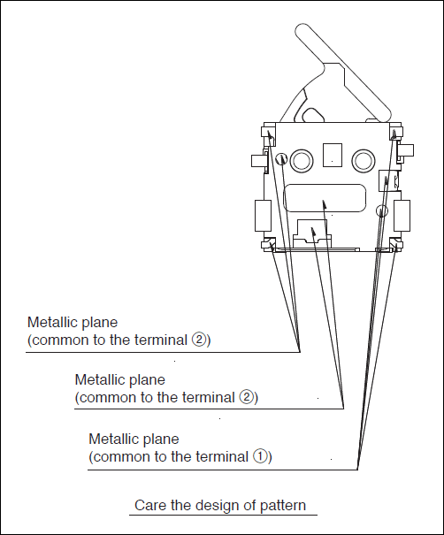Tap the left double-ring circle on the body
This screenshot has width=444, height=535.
302,160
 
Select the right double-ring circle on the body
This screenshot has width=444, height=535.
364,160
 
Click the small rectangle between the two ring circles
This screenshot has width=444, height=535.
333,156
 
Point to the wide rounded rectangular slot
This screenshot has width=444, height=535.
325,198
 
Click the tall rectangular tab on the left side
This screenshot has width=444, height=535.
263,216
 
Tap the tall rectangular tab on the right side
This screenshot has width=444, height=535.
402,216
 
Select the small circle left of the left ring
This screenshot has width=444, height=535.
281,158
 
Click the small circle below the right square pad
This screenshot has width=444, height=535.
382,210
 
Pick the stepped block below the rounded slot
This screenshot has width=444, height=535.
312,233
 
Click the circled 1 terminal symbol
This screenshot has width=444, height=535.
260,456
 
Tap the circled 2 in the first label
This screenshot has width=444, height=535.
199,340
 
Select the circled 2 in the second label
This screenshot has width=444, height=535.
247,397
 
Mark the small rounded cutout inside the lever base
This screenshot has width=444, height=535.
312,115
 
